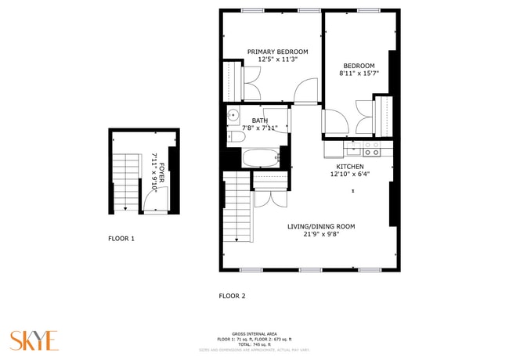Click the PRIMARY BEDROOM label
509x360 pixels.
277,52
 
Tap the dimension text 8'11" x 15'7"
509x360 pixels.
357,74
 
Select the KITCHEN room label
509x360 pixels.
349,167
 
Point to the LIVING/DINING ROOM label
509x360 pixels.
321,226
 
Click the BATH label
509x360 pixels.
259,121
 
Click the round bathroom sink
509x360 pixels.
233,117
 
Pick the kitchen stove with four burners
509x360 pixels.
371,146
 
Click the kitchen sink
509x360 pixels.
352,146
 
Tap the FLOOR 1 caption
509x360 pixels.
121,238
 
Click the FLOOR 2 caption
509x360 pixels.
232,296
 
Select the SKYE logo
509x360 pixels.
34,340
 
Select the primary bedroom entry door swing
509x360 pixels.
305,91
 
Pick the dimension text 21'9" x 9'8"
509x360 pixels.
321,234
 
